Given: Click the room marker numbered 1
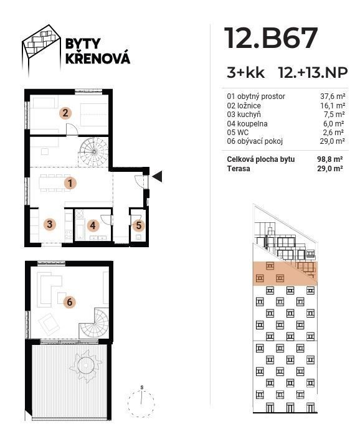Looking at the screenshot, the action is click(70, 183).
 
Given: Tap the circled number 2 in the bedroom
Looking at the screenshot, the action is click(65, 113).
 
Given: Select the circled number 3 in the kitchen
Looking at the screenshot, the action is click(50, 224).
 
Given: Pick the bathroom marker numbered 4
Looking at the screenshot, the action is click(93, 225).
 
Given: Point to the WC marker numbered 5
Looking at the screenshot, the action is click(139, 225).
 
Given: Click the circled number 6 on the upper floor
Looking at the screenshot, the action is click(70, 302).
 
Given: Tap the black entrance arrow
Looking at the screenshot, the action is click(158, 177).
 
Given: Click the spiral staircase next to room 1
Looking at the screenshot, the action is click(93, 152).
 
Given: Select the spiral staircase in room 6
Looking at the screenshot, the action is click(94, 323).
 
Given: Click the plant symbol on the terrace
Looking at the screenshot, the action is click(86, 366).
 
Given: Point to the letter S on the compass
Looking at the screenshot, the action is click(142, 387).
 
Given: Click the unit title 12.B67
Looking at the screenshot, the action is click(271, 38).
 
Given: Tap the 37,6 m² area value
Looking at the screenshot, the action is click(333, 97).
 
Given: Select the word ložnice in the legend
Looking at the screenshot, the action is click(249, 105).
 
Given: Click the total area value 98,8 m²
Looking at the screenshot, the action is click(330, 159).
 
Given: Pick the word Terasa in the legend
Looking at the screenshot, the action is click(239, 168).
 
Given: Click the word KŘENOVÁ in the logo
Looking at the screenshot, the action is click(98, 58).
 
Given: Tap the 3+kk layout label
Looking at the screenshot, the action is click(245, 73).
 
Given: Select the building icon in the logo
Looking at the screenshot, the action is click(42, 50).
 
